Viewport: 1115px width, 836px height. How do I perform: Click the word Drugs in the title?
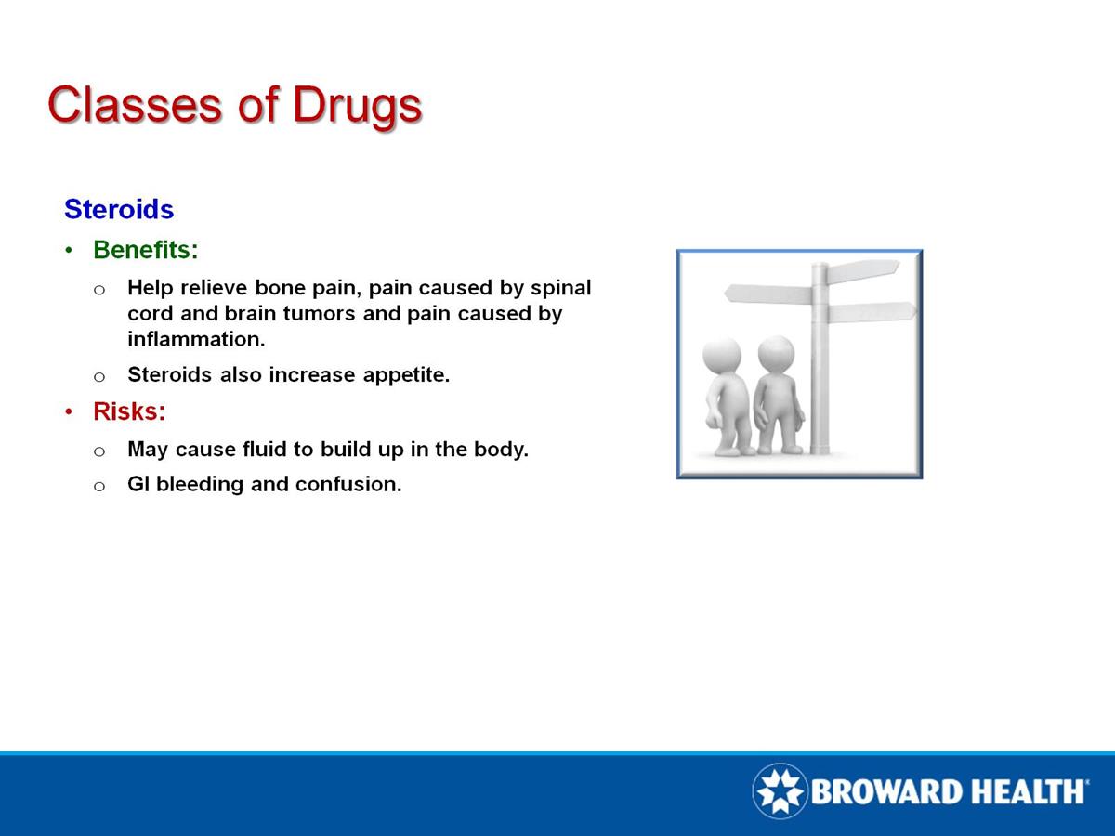[357, 105]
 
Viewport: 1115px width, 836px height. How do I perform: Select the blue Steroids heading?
[119, 209]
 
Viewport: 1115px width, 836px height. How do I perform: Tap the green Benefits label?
[146, 250]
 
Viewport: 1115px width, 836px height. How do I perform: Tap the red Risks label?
[129, 411]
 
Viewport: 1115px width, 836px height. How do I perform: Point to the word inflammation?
[196, 340]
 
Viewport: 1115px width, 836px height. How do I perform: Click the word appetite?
[405, 375]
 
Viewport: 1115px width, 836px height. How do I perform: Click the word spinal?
[560, 287]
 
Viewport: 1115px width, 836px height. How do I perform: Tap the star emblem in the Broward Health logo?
[780, 791]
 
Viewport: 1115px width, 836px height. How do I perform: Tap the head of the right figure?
[776, 354]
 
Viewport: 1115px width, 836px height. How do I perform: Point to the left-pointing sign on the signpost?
[767, 294]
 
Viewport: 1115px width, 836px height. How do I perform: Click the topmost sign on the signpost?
[862, 270]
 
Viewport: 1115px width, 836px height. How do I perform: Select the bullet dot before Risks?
[70, 411]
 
